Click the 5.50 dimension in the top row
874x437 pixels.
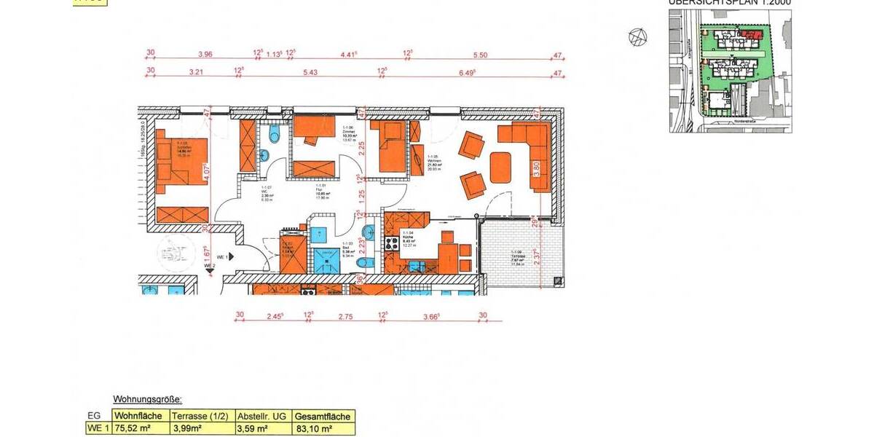tap(480, 55)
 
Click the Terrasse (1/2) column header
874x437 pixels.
tap(201, 417)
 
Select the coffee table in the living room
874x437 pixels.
tap(500, 167)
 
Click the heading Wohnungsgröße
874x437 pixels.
tap(147, 400)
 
